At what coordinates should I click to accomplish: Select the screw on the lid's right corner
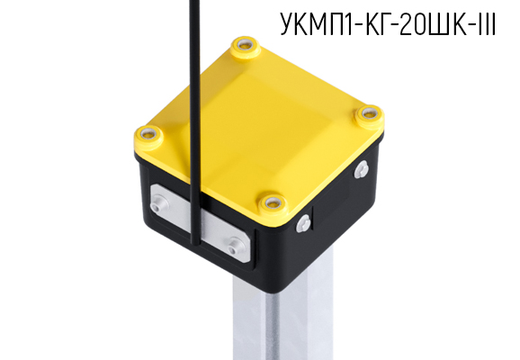367,114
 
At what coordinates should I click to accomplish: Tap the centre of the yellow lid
261,121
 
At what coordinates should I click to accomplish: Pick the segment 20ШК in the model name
435,26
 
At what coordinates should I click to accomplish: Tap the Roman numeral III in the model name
487,26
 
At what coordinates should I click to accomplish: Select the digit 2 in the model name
408,26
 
